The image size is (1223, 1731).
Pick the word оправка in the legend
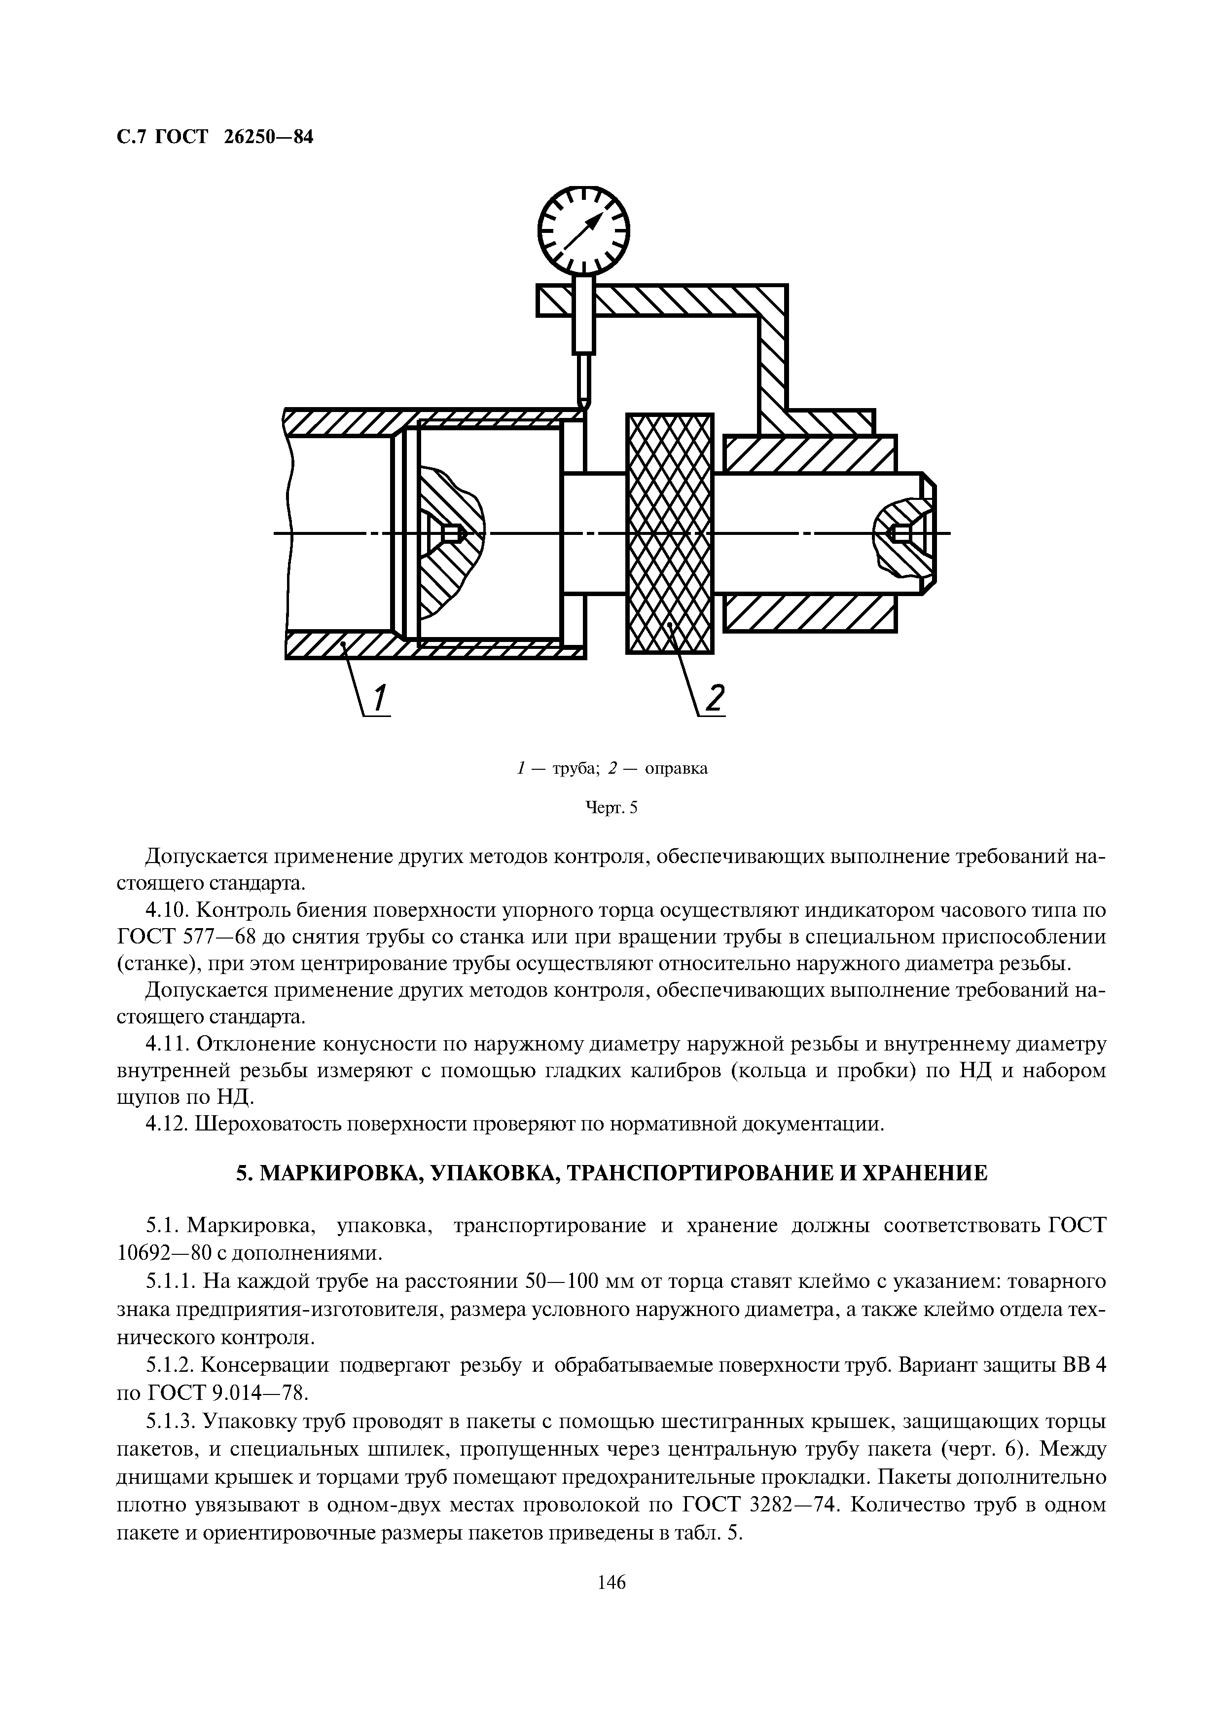pos(676,769)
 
